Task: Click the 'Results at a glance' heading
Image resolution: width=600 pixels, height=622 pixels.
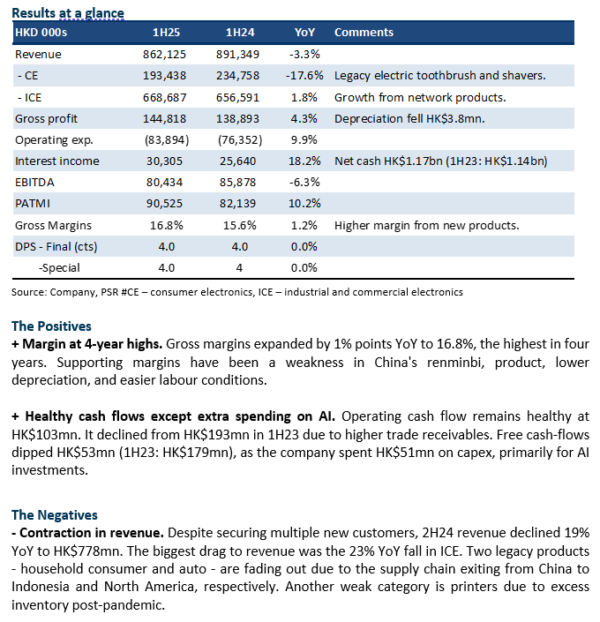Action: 68,13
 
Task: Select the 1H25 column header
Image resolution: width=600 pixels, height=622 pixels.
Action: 166,32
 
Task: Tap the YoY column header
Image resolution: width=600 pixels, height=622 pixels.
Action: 304,32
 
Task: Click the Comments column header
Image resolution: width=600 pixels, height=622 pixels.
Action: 364,32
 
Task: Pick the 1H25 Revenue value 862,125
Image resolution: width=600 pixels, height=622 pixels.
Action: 164,55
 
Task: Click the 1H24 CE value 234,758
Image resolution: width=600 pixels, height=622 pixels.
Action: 237,76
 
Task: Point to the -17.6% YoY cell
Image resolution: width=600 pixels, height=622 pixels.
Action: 304,76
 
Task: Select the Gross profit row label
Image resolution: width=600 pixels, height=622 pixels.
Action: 46,119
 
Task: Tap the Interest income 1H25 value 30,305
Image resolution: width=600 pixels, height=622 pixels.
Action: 164,161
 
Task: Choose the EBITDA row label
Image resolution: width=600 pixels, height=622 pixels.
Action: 34,183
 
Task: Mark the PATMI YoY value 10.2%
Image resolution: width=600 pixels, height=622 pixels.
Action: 304,204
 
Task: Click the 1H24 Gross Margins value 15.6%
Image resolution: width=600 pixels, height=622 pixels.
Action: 240,225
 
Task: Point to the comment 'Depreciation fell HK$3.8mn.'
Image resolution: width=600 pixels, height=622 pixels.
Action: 409,119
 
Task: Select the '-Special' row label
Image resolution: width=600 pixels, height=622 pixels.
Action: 59,268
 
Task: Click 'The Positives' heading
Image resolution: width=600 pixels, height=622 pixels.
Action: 51,326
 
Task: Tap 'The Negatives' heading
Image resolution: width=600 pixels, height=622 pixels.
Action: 55,515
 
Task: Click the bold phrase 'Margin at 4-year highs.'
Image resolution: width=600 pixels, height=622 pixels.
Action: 92,344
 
